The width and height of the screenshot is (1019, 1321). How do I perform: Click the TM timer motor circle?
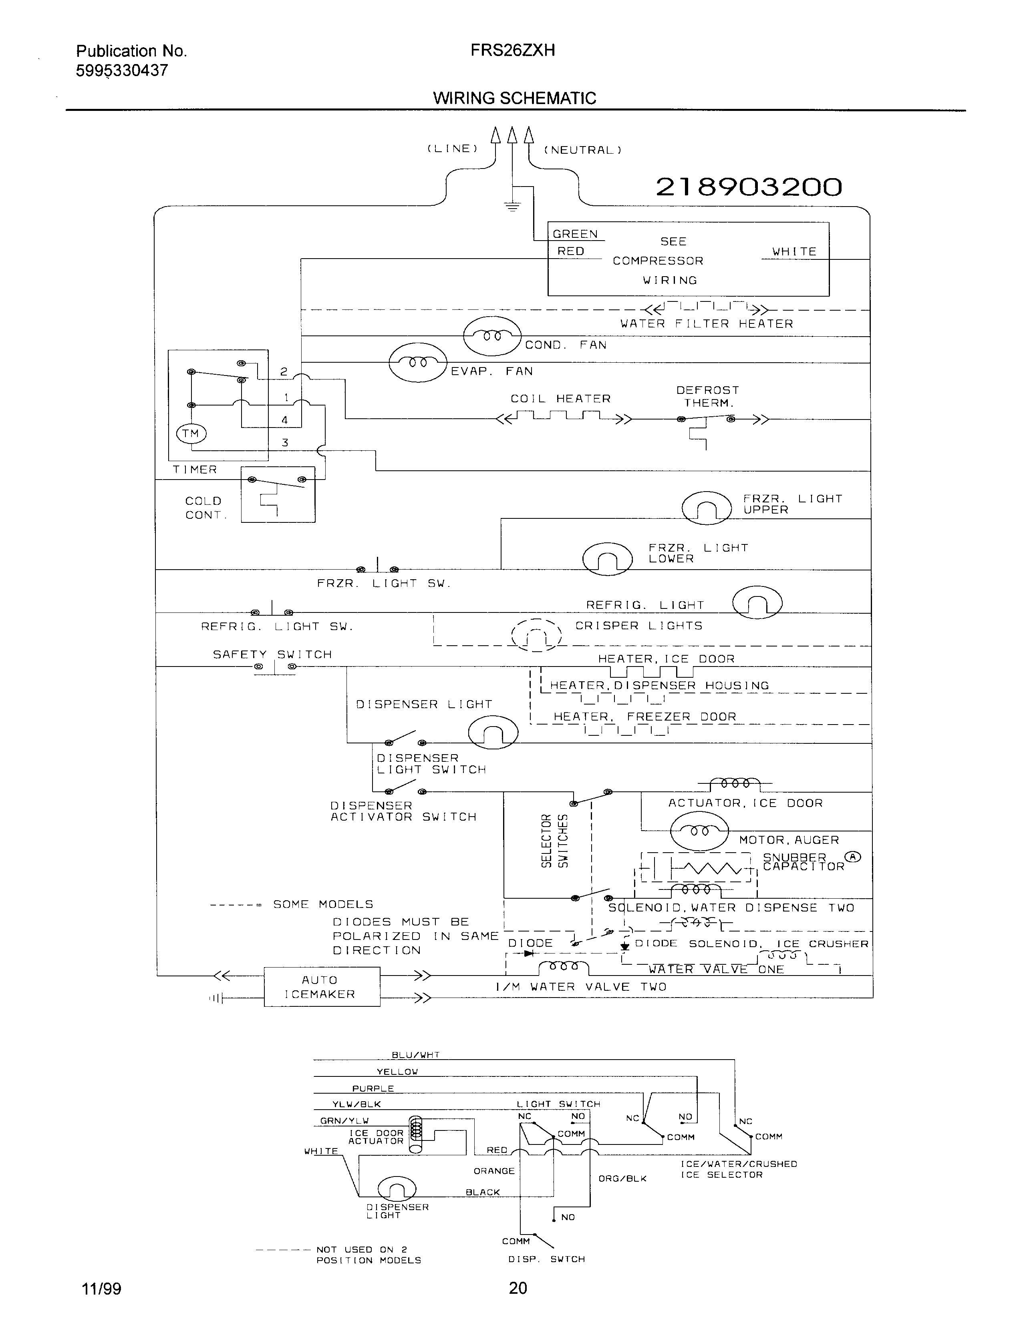coord(191,433)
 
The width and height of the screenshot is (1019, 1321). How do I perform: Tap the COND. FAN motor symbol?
coord(491,336)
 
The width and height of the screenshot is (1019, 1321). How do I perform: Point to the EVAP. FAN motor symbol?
coord(417,362)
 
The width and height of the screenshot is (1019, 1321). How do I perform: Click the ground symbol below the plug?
coord(513,207)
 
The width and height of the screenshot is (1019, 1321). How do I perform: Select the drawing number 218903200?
coord(749,187)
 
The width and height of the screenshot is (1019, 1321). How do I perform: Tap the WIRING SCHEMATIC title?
coord(514,98)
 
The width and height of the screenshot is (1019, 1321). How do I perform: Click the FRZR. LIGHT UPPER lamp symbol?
coord(706,508)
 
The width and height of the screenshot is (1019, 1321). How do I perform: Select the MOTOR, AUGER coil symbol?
coord(699,831)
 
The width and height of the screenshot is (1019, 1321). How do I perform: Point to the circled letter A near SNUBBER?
coord(853,857)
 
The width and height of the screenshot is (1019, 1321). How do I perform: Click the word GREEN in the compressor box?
coord(575,234)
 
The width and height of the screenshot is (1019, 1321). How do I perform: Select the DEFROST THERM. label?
coord(707,396)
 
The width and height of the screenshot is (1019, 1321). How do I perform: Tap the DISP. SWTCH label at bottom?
coord(546,1259)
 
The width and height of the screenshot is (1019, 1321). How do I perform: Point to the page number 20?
coord(518,1288)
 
